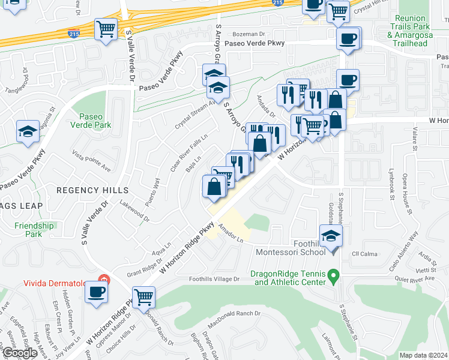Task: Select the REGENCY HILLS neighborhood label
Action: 85,190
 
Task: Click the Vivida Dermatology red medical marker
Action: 104,280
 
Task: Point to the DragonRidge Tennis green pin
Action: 336,277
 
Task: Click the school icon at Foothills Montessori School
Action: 330,236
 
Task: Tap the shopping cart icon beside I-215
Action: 106,29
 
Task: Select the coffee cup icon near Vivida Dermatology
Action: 96,293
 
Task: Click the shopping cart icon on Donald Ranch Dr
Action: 143,296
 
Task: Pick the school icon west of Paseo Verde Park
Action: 28,132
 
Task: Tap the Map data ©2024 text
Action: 423,355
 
